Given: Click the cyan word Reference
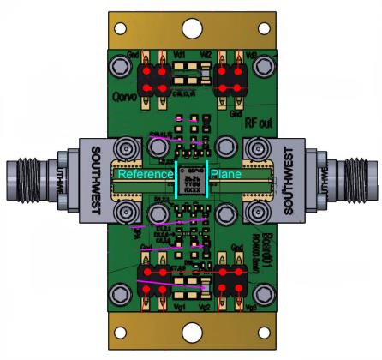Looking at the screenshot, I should coord(146,174).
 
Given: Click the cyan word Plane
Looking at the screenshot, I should coord(226,174).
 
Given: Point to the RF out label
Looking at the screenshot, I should coord(258,123).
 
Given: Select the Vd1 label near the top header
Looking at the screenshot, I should coord(179,55).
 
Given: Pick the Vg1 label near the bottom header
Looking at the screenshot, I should coord(179,306).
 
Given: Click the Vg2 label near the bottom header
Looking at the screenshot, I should coord(205,306).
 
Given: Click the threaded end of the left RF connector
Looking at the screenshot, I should coord(20,180).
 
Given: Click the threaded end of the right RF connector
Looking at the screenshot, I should coord(364,180).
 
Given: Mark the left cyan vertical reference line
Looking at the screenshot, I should coord(176,180).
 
